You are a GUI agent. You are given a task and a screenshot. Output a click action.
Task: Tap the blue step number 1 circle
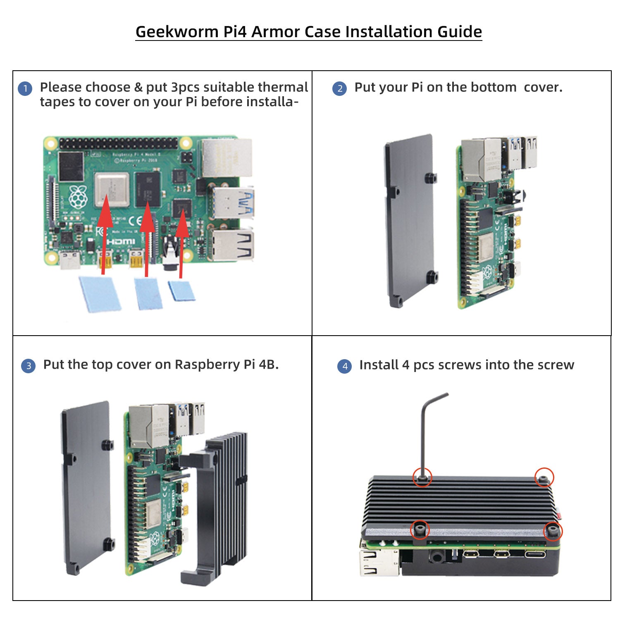click(x=25, y=88)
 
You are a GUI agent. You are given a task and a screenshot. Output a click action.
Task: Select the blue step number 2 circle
click(x=340, y=88)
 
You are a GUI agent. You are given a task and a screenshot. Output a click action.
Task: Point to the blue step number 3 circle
click(x=28, y=366)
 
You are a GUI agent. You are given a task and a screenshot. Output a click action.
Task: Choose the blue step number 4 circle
click(x=345, y=366)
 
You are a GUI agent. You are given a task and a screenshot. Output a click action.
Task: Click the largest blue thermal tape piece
click(x=100, y=293)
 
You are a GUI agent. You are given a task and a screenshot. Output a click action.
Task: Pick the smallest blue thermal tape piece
click(x=181, y=291)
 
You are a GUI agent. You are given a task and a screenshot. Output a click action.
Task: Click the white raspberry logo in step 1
click(x=78, y=198)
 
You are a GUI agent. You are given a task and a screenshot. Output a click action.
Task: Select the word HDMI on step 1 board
click(x=121, y=241)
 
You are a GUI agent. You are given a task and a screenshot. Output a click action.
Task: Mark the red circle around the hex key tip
click(x=422, y=477)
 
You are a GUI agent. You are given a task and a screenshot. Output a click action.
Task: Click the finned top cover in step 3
click(x=223, y=504)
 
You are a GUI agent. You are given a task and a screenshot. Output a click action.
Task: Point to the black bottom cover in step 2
click(x=409, y=219)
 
